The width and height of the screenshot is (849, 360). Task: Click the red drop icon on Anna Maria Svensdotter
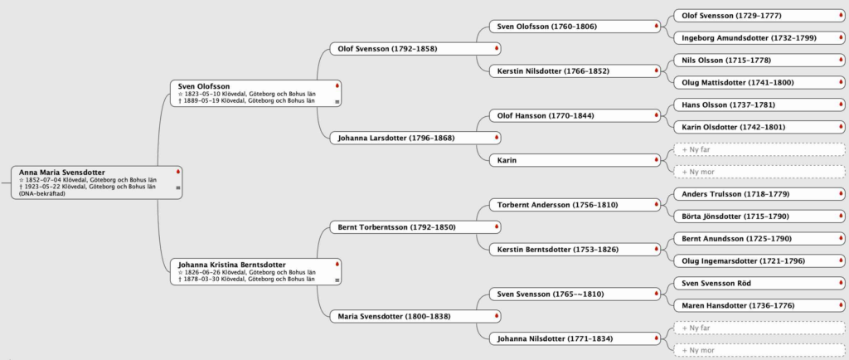coord(177,172)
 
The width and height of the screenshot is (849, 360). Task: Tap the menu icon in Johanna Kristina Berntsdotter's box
coord(337,280)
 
